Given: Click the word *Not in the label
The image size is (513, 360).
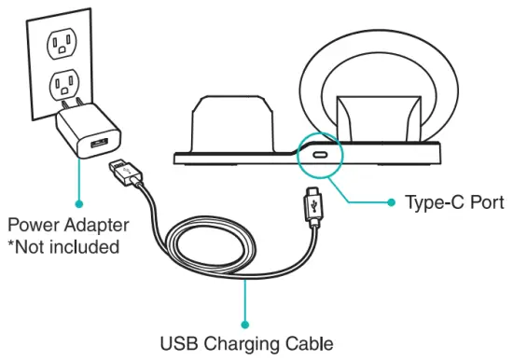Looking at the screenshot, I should (29, 248).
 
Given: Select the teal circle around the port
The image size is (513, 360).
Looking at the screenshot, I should (298, 149).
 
